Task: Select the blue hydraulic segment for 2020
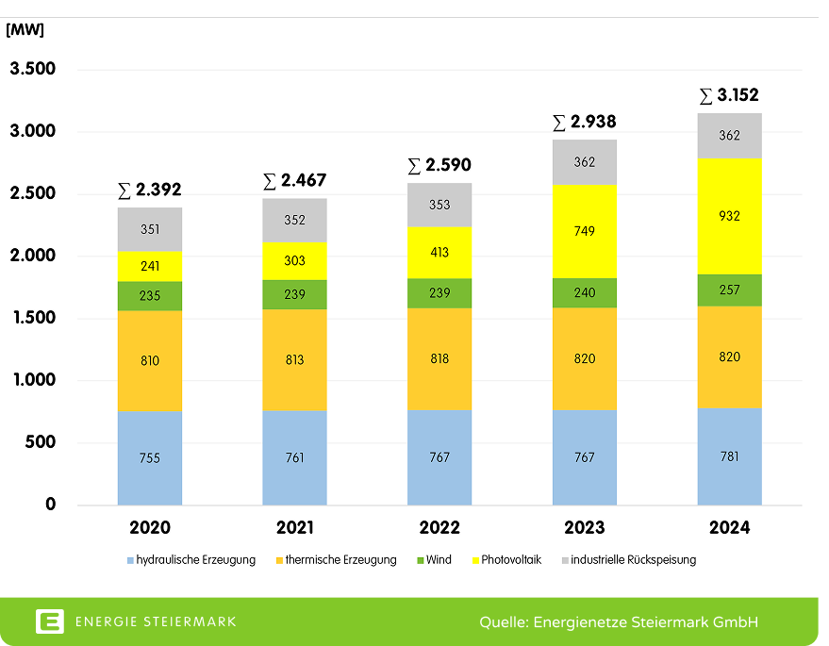(x=149, y=458)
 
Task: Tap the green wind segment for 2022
(x=439, y=293)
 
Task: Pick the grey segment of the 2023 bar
(x=584, y=162)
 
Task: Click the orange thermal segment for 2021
(x=294, y=359)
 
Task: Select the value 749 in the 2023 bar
(x=584, y=232)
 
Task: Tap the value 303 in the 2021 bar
(x=294, y=261)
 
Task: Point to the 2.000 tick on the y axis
(x=33, y=256)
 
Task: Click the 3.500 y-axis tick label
(x=33, y=70)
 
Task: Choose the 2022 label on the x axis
(x=439, y=527)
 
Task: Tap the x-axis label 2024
(x=729, y=527)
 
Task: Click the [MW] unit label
(x=25, y=29)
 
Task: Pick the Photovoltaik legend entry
(x=510, y=559)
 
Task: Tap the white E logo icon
(x=50, y=621)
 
